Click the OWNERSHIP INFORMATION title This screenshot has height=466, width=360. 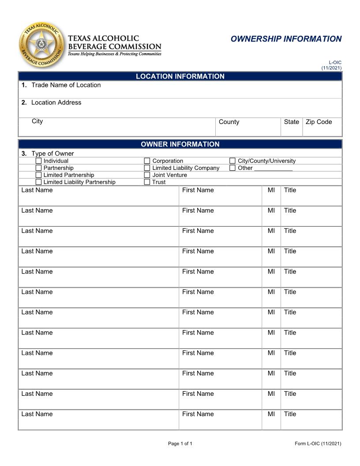pyautogui.click(x=286, y=39)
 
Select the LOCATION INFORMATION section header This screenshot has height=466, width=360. pyautogui.click(x=180, y=76)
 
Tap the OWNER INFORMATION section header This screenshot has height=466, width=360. pyautogui.click(x=180, y=144)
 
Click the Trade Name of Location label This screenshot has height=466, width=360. pyautogui.click(x=66, y=85)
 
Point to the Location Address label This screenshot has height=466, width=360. pyautogui.click(x=56, y=102)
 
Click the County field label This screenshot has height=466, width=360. pyautogui.click(x=229, y=122)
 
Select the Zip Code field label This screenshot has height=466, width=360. pyautogui.click(x=319, y=122)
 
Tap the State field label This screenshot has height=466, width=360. pyautogui.click(x=291, y=122)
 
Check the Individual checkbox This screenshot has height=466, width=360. pyautogui.click(x=39, y=161)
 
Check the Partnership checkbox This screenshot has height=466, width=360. pyautogui.click(x=39, y=168)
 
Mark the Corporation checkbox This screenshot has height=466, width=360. pyautogui.click(x=147, y=161)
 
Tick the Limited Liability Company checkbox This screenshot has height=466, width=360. pyautogui.click(x=147, y=168)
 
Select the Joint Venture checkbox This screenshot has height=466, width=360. pyautogui.click(x=147, y=175)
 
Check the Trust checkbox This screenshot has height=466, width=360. pyautogui.click(x=147, y=182)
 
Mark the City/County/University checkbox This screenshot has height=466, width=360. pyautogui.click(x=232, y=161)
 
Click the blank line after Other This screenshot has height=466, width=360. pyautogui.click(x=273, y=169)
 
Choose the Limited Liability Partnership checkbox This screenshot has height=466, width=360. pyautogui.click(x=39, y=182)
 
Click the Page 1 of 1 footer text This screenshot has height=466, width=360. pyautogui.click(x=180, y=443)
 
